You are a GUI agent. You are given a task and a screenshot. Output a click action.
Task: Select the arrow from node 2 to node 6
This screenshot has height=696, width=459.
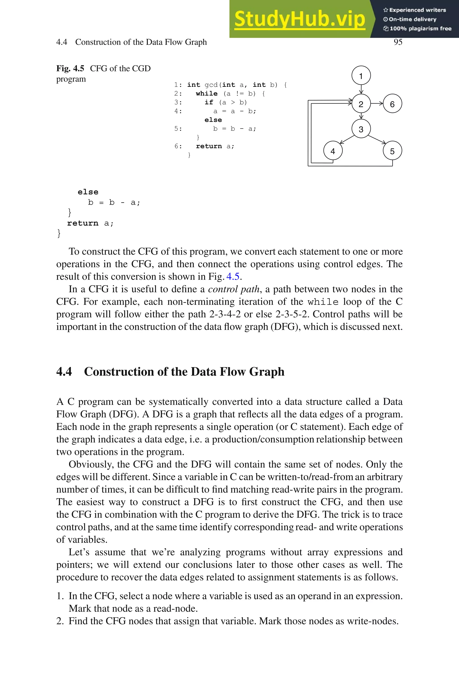377,103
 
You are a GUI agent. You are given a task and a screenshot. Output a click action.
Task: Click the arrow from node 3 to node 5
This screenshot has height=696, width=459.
377,139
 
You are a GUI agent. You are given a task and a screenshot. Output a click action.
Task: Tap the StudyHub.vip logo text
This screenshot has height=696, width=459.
299,19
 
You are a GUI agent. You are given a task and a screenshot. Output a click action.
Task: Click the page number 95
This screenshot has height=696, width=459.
398,42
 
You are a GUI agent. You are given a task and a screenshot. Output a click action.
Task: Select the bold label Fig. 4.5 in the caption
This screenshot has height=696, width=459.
70,69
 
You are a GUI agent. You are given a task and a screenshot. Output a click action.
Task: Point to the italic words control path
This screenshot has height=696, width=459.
233,289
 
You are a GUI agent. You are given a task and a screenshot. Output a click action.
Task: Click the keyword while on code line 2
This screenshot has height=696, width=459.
207,94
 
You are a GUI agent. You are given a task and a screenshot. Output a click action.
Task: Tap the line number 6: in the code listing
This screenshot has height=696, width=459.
178,146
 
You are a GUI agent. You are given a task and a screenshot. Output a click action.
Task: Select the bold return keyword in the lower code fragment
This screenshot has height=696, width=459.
82,223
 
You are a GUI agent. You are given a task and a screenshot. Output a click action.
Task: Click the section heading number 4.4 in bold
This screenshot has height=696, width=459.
64,372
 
